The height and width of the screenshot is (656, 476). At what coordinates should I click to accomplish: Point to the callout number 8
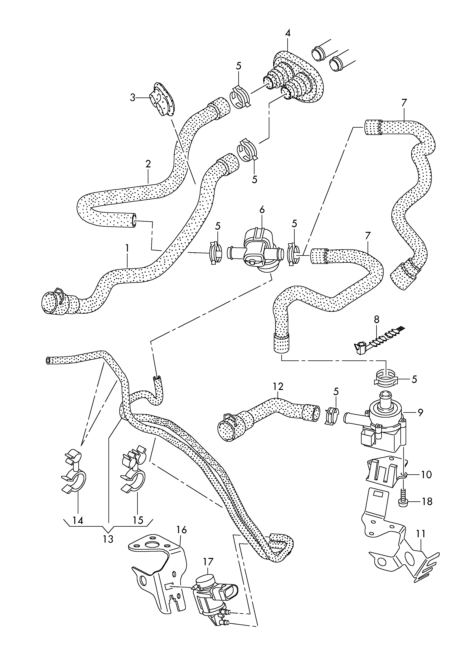[376, 320]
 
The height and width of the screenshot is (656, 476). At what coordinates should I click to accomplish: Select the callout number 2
[148, 164]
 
